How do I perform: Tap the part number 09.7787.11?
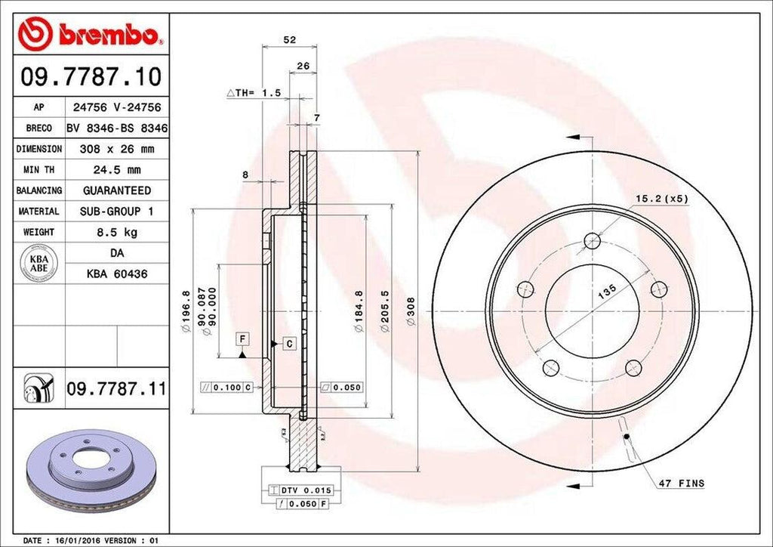[116, 390]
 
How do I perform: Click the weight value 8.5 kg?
[116, 232]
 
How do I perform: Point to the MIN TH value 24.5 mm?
[116, 170]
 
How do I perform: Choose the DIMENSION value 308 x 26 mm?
[116, 150]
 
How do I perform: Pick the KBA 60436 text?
[116, 273]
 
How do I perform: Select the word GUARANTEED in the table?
[116, 190]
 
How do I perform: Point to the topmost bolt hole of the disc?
[593, 241]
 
